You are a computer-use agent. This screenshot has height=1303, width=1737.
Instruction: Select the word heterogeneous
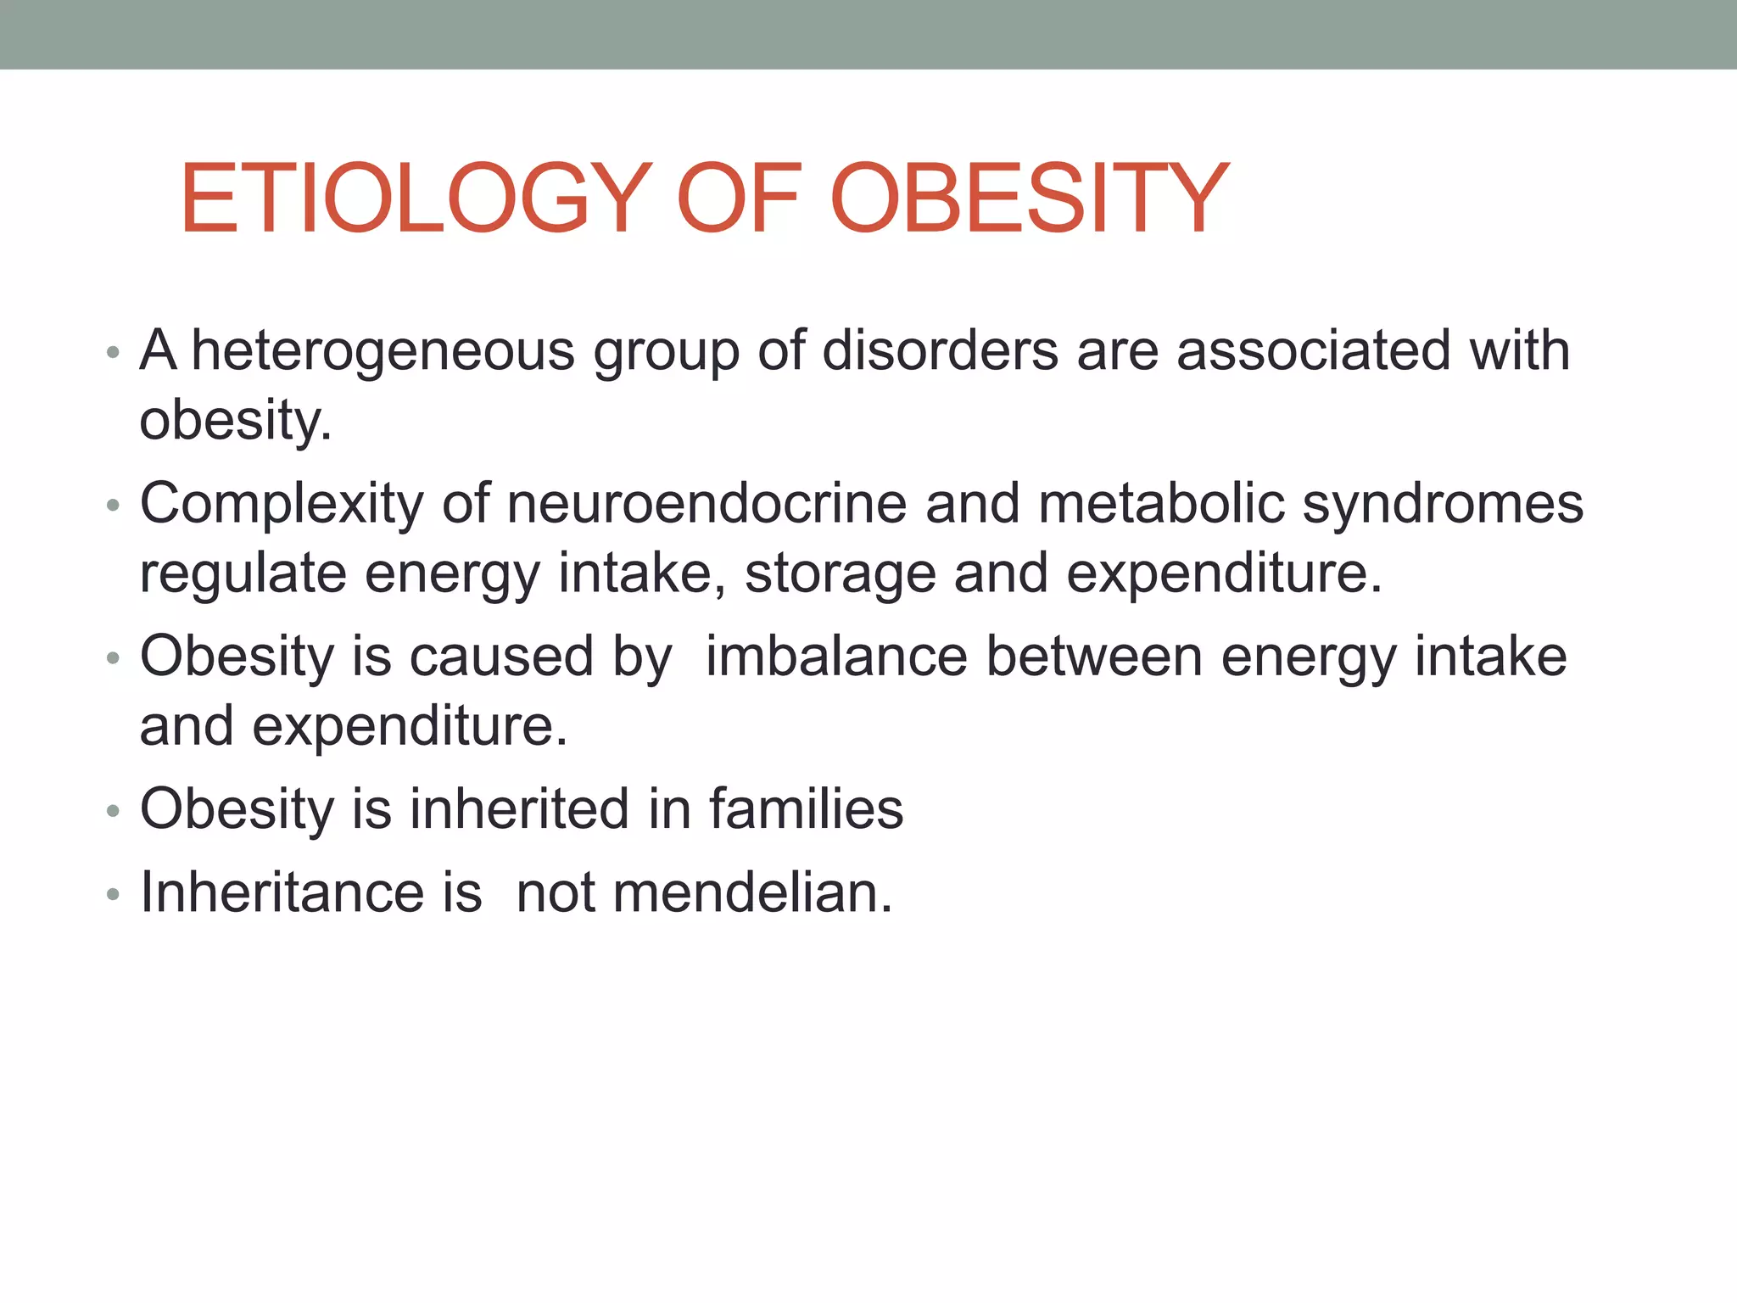tap(383, 350)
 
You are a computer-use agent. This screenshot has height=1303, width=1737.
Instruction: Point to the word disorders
tap(940, 350)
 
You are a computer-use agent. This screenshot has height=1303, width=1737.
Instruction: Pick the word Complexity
tap(282, 505)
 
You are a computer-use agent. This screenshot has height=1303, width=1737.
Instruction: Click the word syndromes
tap(1443, 505)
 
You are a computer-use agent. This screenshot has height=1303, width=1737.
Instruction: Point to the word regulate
tap(243, 574)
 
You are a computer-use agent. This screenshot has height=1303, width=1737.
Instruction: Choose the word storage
tap(840, 574)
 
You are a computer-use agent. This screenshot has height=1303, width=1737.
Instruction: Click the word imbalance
tap(836, 657)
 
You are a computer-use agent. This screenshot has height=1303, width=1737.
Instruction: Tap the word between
tap(1094, 657)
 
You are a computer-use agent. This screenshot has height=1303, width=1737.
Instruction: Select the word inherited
tap(519, 808)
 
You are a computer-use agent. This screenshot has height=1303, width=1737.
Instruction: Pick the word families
tap(807, 808)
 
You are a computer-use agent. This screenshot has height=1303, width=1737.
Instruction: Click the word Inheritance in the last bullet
tap(282, 892)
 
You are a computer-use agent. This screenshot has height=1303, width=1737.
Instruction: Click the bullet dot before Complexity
tap(113, 506)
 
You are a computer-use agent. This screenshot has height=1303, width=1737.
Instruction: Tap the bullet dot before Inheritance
tap(113, 895)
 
